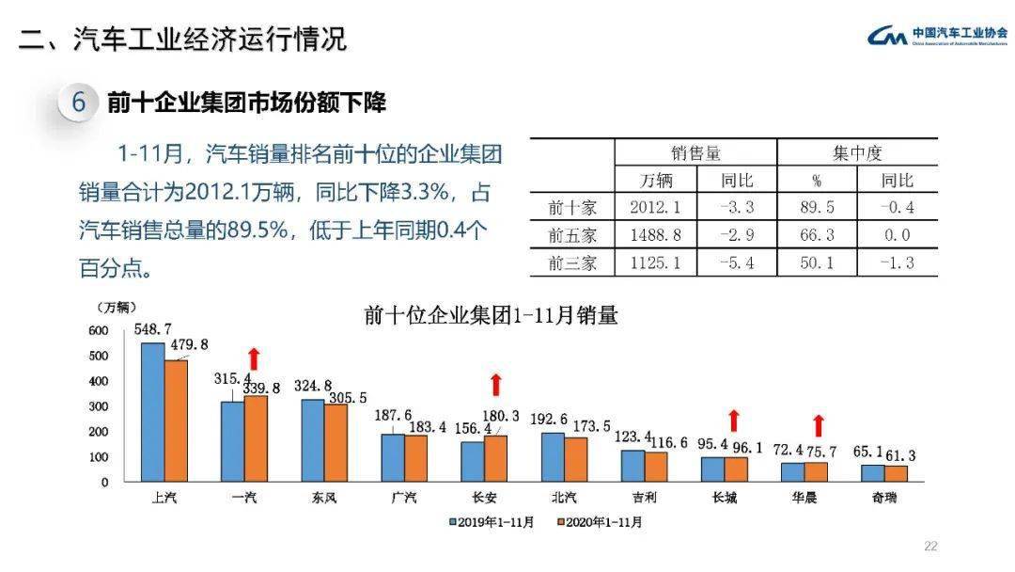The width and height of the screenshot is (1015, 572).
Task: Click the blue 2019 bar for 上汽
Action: coord(152,412)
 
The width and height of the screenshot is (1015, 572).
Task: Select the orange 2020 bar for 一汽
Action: coord(256,438)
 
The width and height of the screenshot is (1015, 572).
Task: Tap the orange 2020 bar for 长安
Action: coord(495,458)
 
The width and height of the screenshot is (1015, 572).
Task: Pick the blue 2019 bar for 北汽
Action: coord(553,457)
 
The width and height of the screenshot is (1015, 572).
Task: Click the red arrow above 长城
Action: coord(733,421)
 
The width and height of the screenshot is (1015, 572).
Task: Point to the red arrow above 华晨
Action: coord(818,425)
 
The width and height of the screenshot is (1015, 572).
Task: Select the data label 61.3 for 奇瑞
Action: coord(898,455)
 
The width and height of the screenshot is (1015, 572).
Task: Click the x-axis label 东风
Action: coord(324,498)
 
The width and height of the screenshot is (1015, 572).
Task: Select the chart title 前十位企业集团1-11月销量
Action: coord(491,315)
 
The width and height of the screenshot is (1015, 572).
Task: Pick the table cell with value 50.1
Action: coord(817,262)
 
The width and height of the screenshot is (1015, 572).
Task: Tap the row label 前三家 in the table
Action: coord(572,262)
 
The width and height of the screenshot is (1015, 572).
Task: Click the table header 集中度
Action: coord(857,153)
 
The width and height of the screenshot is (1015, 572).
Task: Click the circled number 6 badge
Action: coord(79,102)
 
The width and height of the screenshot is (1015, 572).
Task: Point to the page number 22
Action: coord(931,546)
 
